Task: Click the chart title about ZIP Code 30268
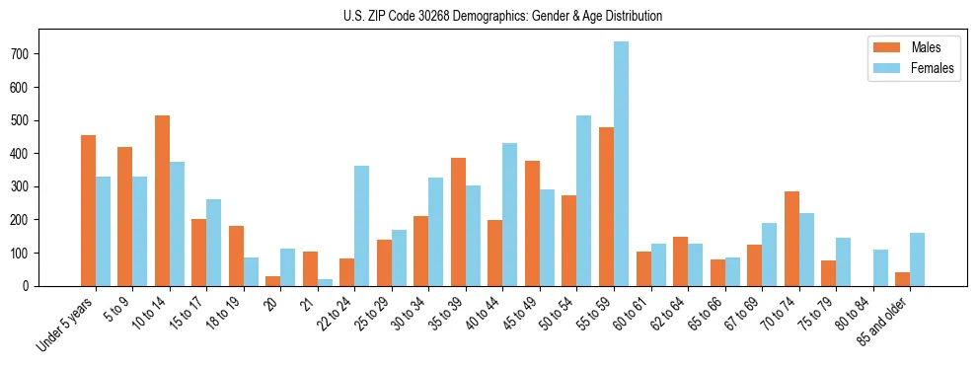point(488,16)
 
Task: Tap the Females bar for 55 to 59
point(621,164)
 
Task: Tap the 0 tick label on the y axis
point(34,286)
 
